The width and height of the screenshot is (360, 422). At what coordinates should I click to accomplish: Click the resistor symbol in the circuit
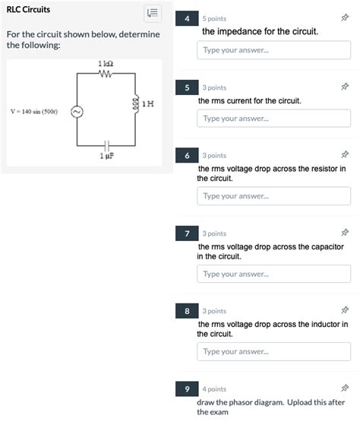click(106, 74)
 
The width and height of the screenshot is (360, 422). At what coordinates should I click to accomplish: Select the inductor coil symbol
click(136, 103)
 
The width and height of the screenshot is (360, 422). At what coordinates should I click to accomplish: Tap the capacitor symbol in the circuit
click(107, 145)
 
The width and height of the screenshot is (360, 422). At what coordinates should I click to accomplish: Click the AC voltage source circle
click(77, 112)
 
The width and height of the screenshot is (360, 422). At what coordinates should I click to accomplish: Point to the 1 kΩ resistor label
click(106, 64)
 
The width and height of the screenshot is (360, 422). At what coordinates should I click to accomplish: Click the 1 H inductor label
click(148, 104)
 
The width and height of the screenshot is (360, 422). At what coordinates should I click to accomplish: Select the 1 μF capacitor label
click(107, 156)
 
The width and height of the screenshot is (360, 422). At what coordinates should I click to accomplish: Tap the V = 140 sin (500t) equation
click(34, 112)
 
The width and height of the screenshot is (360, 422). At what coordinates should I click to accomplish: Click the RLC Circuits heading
click(28, 10)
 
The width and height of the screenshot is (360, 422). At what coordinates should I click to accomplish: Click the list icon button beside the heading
click(153, 13)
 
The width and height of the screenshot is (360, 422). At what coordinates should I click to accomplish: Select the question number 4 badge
click(187, 18)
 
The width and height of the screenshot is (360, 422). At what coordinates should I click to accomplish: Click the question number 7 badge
click(187, 233)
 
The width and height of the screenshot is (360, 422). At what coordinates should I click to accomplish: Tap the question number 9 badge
click(187, 389)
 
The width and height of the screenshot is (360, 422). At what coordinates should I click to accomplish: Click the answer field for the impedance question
click(273, 50)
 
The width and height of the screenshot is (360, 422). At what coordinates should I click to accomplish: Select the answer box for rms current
click(273, 118)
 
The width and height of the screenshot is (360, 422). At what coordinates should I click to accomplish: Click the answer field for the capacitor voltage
click(273, 274)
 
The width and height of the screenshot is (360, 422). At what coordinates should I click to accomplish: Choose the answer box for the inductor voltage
click(273, 351)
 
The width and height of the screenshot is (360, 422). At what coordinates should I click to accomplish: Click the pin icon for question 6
click(345, 154)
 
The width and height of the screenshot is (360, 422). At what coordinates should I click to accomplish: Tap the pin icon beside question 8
click(345, 310)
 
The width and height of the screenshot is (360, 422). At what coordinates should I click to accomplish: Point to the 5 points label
click(214, 19)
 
